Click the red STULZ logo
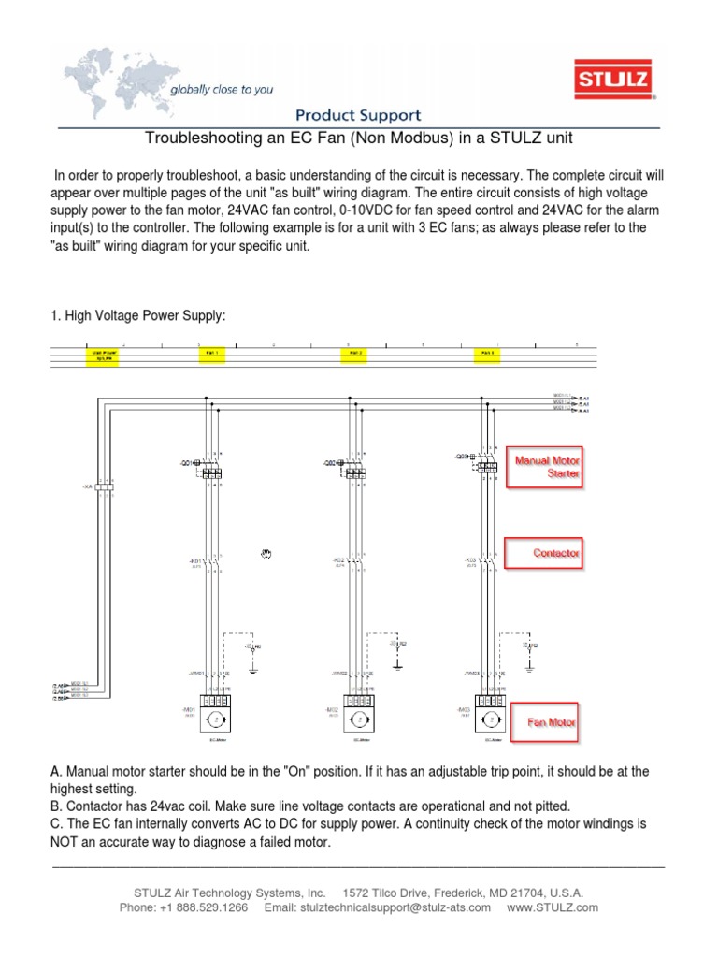click(x=614, y=79)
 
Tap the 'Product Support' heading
click(x=358, y=116)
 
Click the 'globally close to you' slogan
click(x=221, y=90)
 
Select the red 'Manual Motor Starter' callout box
click(x=544, y=467)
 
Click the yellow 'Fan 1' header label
click(x=209, y=355)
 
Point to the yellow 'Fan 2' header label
click(x=355, y=355)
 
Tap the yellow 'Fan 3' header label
click(x=487, y=355)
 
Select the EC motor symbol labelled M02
click(x=355, y=718)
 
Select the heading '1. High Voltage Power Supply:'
click(x=138, y=317)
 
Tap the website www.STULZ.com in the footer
click(x=553, y=907)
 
